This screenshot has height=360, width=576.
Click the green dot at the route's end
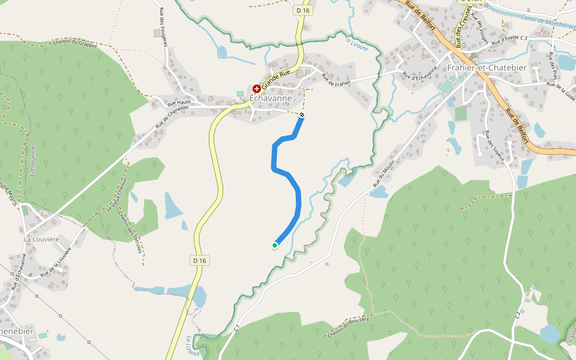pos(275,245)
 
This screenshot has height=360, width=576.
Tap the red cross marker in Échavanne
pos(257,88)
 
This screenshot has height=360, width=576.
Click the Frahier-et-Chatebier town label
pos(487,68)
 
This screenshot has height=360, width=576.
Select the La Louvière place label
pos(41,239)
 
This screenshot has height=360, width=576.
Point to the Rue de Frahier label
pos(335,79)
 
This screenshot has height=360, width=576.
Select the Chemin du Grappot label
pos(75,43)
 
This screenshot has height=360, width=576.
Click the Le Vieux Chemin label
pos(118,196)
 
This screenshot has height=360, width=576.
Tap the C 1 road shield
pos(237,328)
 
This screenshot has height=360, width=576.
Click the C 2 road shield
pos(517,314)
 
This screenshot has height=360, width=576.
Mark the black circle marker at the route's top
pos(302,115)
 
